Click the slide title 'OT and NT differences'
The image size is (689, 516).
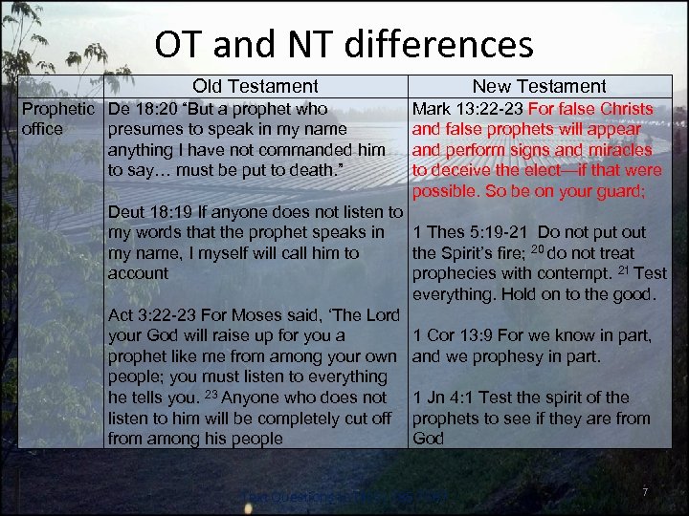click(344, 45)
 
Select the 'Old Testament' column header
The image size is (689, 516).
click(255, 86)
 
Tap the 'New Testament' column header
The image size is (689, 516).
click(539, 86)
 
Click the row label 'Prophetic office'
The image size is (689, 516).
click(57, 118)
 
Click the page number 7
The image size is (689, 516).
click(645, 492)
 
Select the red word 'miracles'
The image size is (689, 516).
click(620, 150)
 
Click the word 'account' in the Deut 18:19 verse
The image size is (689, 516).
click(138, 273)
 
